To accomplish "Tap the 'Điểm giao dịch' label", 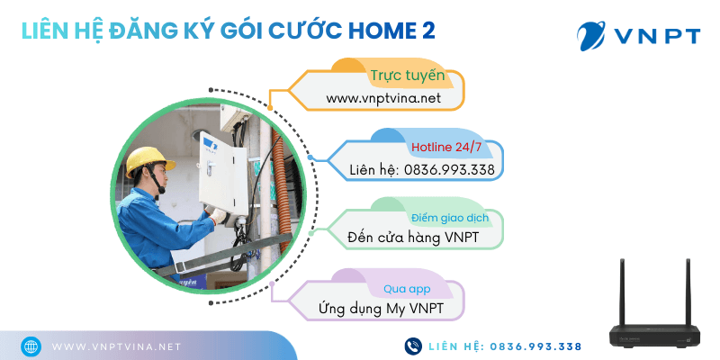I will [x=444, y=219].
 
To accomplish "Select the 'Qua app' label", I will [x=405, y=290].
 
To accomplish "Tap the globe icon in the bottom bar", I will [x=30, y=346].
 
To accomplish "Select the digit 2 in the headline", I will [x=428, y=31].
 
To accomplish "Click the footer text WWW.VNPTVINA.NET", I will [x=116, y=346].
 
